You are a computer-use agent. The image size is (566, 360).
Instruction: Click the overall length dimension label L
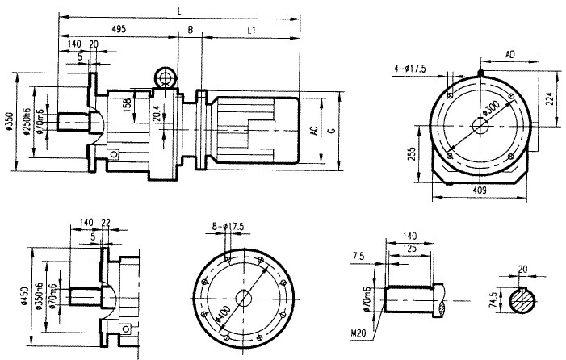[x=178, y=10]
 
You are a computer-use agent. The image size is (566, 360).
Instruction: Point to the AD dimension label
[x=510, y=53]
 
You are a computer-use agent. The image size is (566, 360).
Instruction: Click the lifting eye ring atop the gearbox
[x=166, y=78]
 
